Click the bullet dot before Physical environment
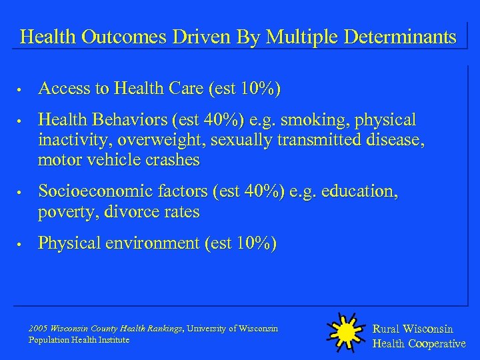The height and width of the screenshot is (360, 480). (x=22, y=245)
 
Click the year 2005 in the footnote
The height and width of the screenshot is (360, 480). (x=37, y=328)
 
